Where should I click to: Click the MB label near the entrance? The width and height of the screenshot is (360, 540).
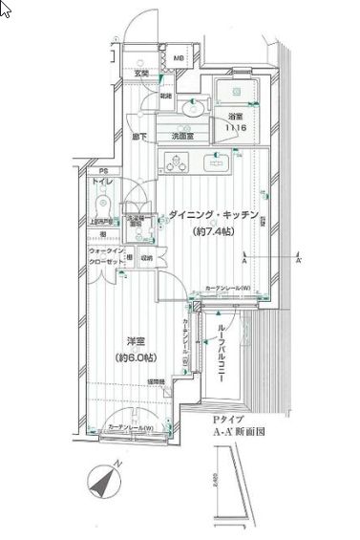pos(179,67)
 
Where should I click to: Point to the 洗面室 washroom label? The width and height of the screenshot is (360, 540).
pos(183,137)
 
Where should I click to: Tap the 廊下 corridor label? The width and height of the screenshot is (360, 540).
pos(140,138)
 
